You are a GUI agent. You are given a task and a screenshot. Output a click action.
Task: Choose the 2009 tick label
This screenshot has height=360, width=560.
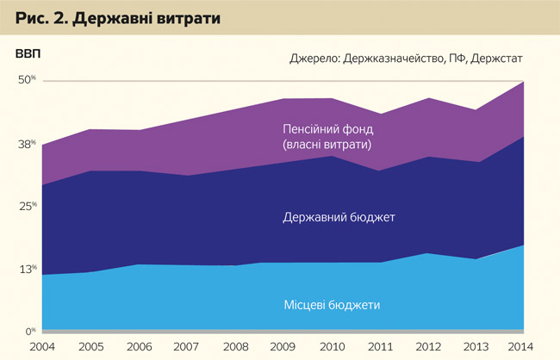(x=285, y=347)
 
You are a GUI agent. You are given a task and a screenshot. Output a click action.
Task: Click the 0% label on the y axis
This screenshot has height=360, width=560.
(x=28, y=331)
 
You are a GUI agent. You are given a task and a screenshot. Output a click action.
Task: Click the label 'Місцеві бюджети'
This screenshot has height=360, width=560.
(x=332, y=305)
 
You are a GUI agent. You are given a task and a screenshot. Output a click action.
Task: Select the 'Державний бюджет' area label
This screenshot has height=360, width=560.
(x=339, y=217)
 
